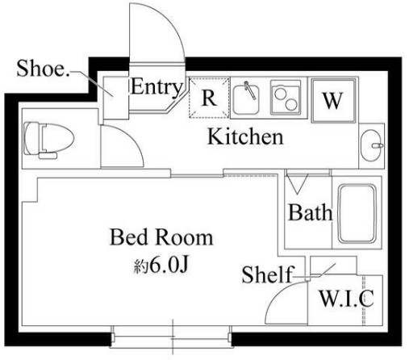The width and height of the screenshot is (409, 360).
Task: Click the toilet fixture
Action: tap(48, 140)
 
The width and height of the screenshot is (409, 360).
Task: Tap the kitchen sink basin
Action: tap(246, 99)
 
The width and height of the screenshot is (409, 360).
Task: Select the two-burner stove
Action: tap(286, 98)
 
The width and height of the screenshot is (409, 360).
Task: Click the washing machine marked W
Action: tap(333, 100)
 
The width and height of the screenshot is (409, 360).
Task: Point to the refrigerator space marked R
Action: tap(209, 98)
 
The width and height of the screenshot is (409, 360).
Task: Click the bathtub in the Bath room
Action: tap(357, 213)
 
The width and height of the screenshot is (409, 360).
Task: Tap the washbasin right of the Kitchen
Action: tap(372, 145)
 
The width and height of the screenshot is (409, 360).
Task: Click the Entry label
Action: tap(157, 87)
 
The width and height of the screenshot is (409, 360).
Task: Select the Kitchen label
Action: tap(245, 136)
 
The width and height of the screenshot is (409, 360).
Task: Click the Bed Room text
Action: tap(161, 237)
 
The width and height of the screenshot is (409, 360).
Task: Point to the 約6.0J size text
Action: tap(161, 266)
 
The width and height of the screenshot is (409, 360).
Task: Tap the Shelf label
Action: tap(268, 274)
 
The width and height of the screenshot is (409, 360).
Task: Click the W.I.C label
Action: tap(346, 299)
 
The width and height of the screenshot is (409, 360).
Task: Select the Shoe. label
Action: tap(43, 69)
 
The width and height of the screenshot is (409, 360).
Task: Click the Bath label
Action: tap(310, 212)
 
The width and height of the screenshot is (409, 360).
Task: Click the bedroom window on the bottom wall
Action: tap(171, 337)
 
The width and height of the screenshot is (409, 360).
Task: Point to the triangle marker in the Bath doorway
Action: tap(297, 184)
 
